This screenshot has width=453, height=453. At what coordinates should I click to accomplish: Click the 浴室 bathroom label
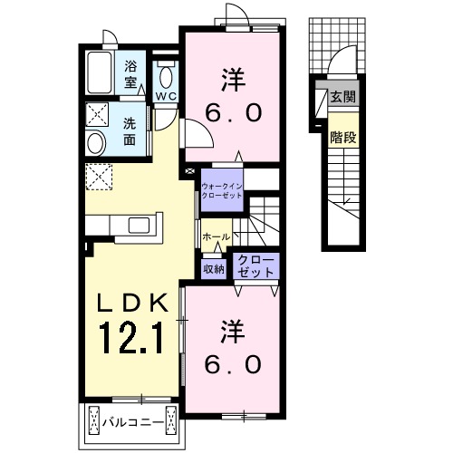[x=130, y=74]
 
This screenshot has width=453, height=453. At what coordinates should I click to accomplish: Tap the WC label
[x=166, y=96]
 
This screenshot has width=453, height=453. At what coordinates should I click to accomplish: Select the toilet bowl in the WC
[x=166, y=78]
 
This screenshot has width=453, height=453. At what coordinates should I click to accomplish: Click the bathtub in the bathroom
[x=100, y=72]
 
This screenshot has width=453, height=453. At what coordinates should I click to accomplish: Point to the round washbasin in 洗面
[x=96, y=143]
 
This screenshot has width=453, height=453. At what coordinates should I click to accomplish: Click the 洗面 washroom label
[x=130, y=131]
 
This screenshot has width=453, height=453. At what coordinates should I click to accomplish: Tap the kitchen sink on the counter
[x=139, y=225]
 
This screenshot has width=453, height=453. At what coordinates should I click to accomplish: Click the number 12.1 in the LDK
[x=131, y=337]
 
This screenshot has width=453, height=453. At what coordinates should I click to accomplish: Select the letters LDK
[x=132, y=303]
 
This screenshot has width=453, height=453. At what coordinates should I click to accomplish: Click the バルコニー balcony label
[x=133, y=421]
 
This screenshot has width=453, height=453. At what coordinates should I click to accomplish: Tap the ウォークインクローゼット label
[x=222, y=190]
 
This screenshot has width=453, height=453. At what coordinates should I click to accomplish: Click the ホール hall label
[x=216, y=237]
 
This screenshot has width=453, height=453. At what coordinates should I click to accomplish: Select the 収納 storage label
[x=214, y=269]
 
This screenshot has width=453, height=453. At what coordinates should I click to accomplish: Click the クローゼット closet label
[x=256, y=266]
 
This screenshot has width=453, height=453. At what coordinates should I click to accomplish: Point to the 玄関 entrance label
[x=342, y=97]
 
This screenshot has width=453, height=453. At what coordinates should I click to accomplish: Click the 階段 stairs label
[x=343, y=138]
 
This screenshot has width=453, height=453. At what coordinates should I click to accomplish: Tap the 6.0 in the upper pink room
[x=233, y=113]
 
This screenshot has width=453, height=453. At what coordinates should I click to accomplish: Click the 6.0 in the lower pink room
[x=233, y=364]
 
